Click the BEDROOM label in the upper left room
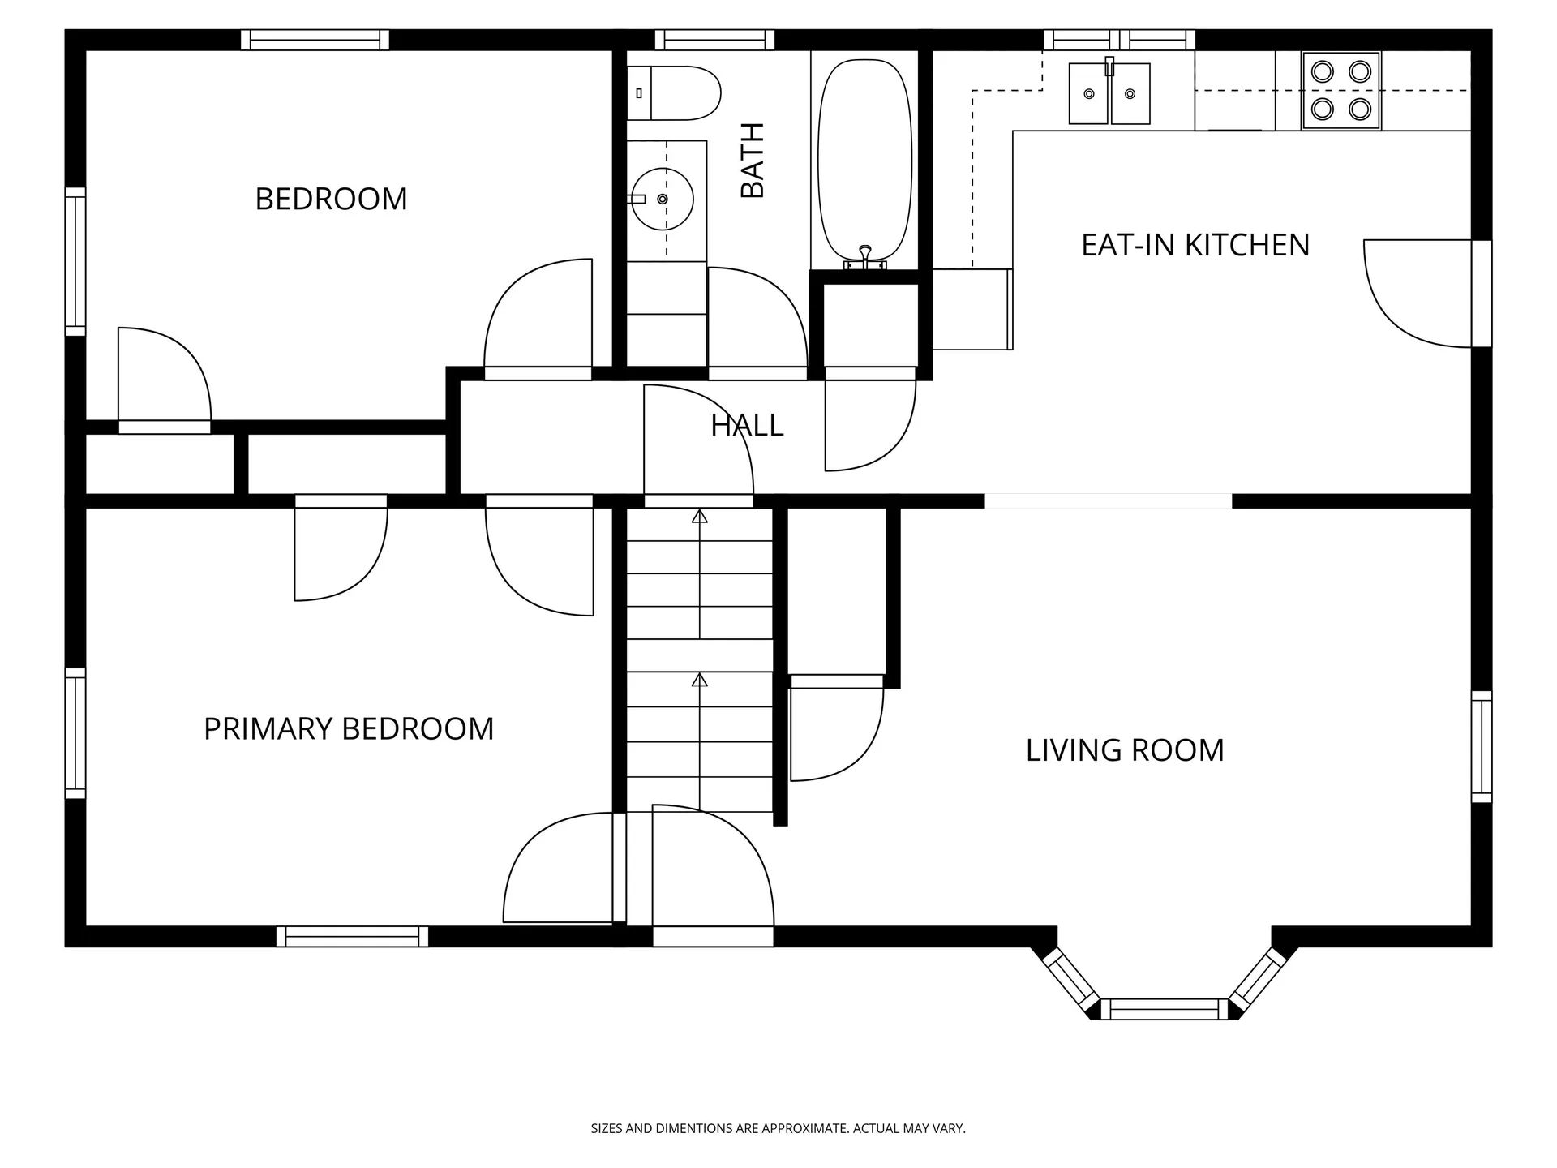(331, 199)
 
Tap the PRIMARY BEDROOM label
(349, 728)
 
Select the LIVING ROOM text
(1125, 750)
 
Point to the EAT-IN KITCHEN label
(1195, 245)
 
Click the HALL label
(747, 425)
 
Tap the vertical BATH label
(753, 160)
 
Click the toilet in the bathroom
(674, 93)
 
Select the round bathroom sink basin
(663, 199)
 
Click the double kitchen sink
(1109, 93)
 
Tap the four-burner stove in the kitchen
(1341, 91)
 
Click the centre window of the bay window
(1165, 1009)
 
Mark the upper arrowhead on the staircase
(699, 516)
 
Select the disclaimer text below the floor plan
(778, 1128)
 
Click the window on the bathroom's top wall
(714, 40)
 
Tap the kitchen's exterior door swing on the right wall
(1418, 294)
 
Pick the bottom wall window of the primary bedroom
(352, 937)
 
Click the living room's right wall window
(1482, 746)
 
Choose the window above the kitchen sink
(1119, 40)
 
